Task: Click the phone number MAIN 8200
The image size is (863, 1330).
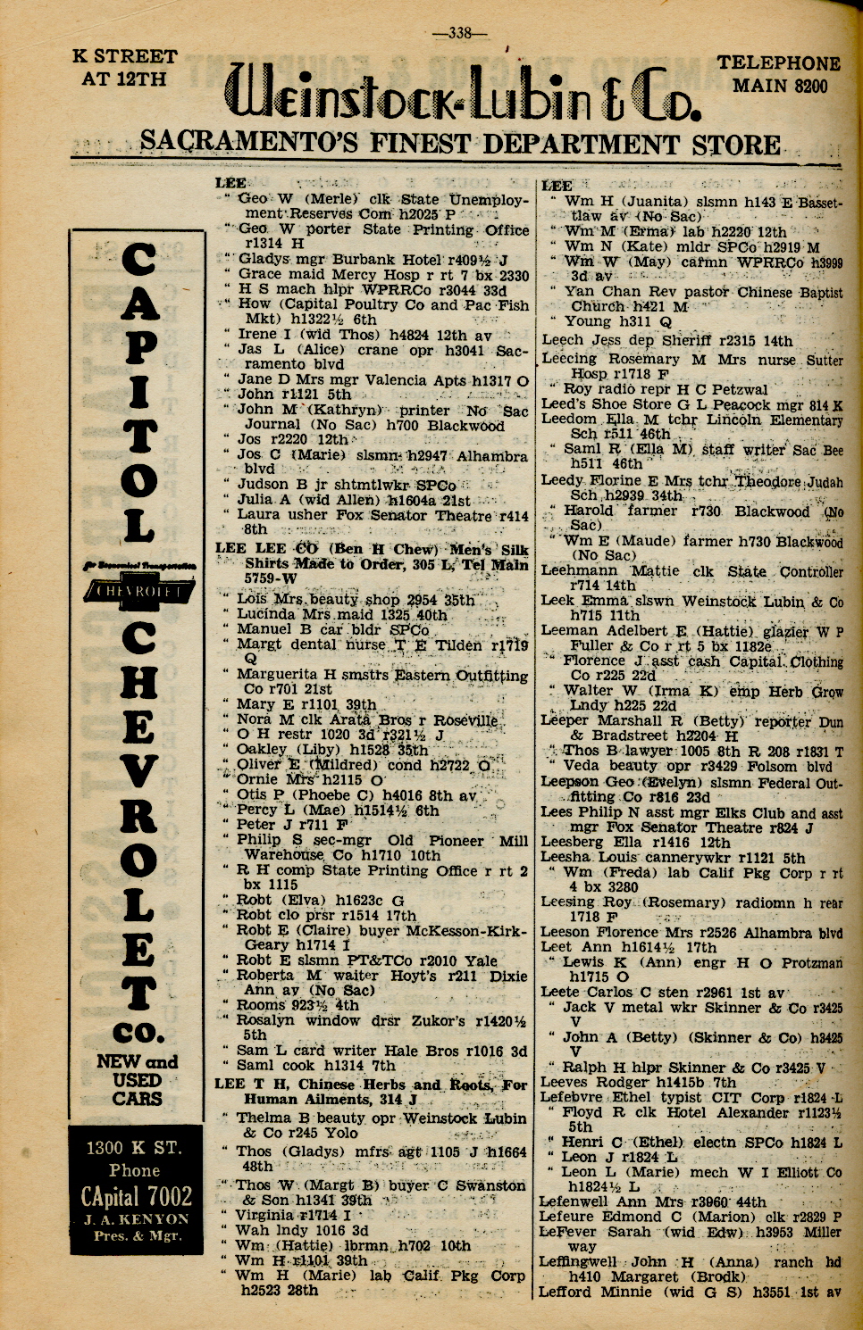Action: click(779, 87)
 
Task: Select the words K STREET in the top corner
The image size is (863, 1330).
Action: click(124, 57)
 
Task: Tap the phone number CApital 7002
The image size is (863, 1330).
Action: click(136, 1195)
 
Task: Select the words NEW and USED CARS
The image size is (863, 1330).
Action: click(137, 1079)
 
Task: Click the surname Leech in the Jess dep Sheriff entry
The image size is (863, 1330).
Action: click(563, 340)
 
